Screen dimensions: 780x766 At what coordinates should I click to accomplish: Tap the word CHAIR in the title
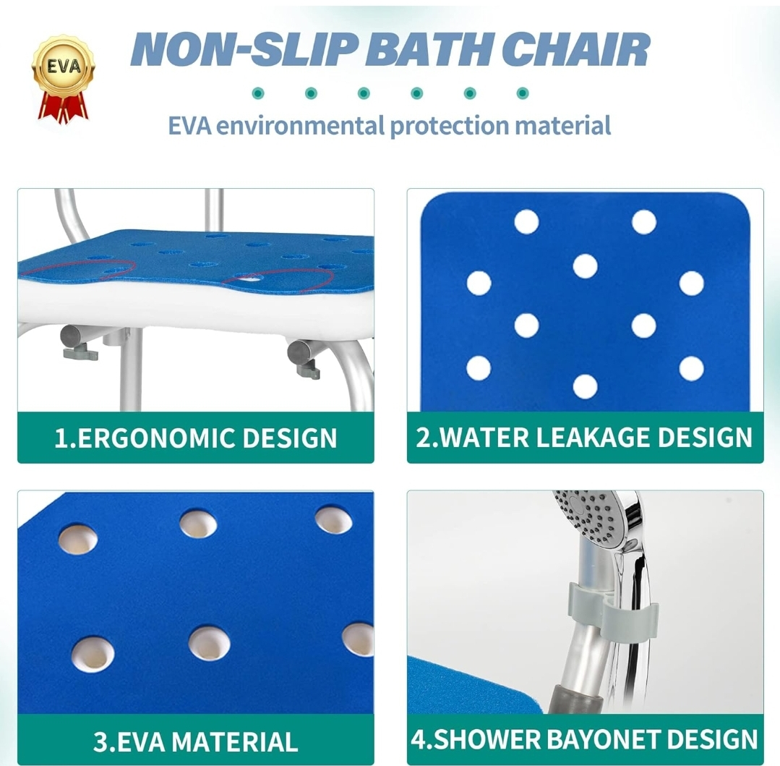(x=575, y=49)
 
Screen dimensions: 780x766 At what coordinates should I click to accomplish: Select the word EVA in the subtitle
(x=189, y=125)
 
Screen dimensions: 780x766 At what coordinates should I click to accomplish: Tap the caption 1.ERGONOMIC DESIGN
(x=195, y=438)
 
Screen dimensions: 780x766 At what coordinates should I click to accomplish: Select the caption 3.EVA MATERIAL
(x=195, y=741)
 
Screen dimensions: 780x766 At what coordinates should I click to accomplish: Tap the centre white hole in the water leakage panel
(x=585, y=266)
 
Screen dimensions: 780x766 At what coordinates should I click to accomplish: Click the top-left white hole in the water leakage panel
(x=527, y=221)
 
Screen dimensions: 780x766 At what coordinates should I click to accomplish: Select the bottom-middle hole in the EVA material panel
(x=210, y=644)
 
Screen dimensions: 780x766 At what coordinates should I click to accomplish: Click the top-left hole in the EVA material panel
(x=77, y=539)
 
